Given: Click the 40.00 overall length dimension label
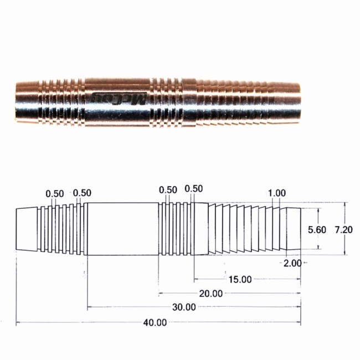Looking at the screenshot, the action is tap(155, 322).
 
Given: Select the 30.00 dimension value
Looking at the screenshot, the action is tap(184, 307).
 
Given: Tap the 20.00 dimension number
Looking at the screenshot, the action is tap(211, 294).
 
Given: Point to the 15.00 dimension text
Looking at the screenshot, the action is tap(240, 279).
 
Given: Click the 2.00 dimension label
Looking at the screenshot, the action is tap(292, 263).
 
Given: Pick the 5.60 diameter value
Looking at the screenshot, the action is tap(317, 230).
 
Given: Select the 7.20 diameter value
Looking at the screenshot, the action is tap(343, 230).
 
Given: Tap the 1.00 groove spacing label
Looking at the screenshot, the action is tap(277, 193).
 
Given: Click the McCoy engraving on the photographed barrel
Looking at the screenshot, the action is tap(119, 99).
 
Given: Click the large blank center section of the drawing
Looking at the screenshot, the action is tap(123, 229).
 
